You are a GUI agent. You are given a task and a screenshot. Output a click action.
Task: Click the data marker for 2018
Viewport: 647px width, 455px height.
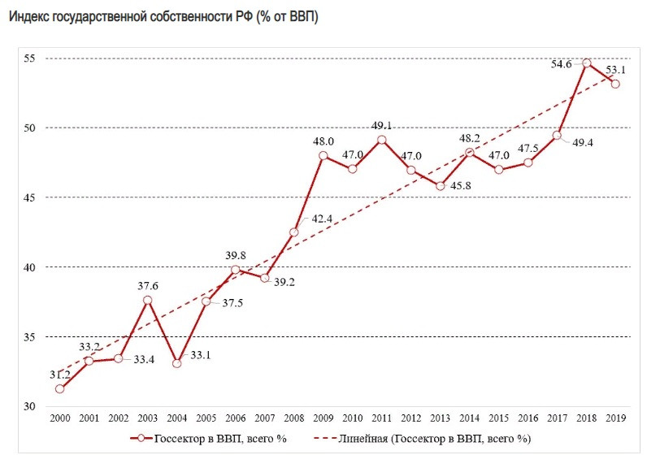pos(587,63)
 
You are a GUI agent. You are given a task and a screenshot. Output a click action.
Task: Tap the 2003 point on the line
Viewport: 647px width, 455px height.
pos(148,300)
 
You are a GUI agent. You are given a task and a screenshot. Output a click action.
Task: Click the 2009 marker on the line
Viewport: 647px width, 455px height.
pos(323,155)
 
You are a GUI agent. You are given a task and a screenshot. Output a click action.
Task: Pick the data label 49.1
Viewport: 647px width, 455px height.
pos(381,126)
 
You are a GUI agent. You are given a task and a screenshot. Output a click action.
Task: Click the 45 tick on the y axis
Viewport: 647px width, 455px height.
pos(29,197)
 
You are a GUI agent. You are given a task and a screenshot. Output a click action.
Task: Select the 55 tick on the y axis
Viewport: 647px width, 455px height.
pos(29,58)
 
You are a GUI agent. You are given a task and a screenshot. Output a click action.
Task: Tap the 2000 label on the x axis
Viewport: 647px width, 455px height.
pos(60,418)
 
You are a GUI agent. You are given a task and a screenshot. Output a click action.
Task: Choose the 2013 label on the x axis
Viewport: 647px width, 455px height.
pos(441,418)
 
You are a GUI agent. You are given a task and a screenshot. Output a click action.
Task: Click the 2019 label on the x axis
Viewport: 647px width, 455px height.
pos(616,418)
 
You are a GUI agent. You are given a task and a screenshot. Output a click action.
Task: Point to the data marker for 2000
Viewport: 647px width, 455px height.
pos(60,388)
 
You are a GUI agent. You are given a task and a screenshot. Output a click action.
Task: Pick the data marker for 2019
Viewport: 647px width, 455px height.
pos(616,84)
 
